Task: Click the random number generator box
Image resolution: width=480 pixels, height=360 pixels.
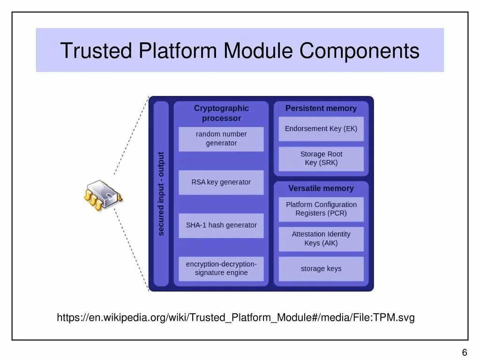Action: point(221,139)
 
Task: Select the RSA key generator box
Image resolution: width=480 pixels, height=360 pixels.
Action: point(221,182)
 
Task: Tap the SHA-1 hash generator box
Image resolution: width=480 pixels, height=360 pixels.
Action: point(221,225)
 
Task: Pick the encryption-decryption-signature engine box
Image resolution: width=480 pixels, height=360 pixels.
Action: point(221,269)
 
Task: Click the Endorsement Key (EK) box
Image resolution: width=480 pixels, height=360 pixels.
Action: point(321,129)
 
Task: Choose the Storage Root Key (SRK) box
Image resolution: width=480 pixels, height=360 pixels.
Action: point(321,159)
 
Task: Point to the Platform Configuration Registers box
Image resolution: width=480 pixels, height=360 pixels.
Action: point(321,209)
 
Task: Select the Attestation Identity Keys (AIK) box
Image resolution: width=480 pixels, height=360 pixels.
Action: point(321,239)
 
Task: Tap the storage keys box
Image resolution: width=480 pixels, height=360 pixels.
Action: point(321,269)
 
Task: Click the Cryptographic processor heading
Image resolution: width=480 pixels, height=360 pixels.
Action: point(221,113)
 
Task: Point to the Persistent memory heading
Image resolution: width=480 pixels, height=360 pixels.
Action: point(321,108)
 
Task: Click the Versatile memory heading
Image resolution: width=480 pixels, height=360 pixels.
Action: point(321,188)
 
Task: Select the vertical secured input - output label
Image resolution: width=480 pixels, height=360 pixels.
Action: point(161,193)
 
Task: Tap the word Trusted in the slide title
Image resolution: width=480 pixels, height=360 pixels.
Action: point(96,51)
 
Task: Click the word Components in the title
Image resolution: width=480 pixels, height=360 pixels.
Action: point(360,51)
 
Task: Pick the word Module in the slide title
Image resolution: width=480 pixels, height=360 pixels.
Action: point(259,51)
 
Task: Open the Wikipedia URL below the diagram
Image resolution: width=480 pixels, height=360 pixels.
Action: point(236,318)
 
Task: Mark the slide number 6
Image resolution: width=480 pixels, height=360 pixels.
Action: point(465,353)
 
